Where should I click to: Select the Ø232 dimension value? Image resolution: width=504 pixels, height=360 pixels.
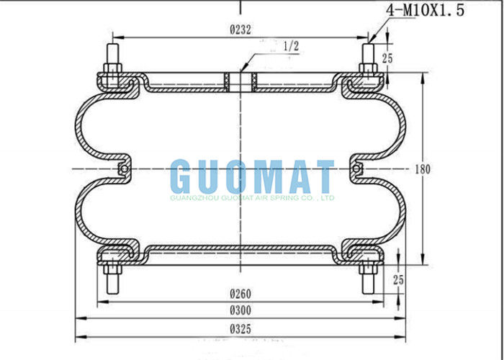pyautogui.click(x=240, y=30)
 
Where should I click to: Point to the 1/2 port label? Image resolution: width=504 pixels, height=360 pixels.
pyautogui.click(x=292, y=45)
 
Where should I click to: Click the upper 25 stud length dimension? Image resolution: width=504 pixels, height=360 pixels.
pyautogui.click(x=387, y=58)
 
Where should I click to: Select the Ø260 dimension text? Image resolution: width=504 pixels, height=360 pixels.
pyautogui.click(x=240, y=294)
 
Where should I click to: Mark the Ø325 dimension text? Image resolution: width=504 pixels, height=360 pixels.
pyautogui.click(x=240, y=328)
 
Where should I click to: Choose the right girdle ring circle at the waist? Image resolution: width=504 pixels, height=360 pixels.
pyautogui.click(x=355, y=169)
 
